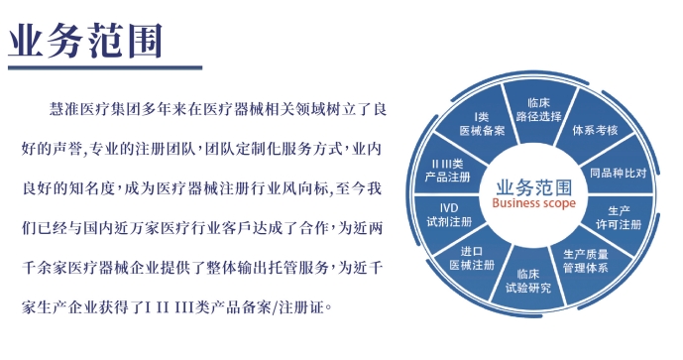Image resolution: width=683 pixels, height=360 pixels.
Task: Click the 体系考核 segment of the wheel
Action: [595, 130]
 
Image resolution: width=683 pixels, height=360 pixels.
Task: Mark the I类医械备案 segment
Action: [483, 123]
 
